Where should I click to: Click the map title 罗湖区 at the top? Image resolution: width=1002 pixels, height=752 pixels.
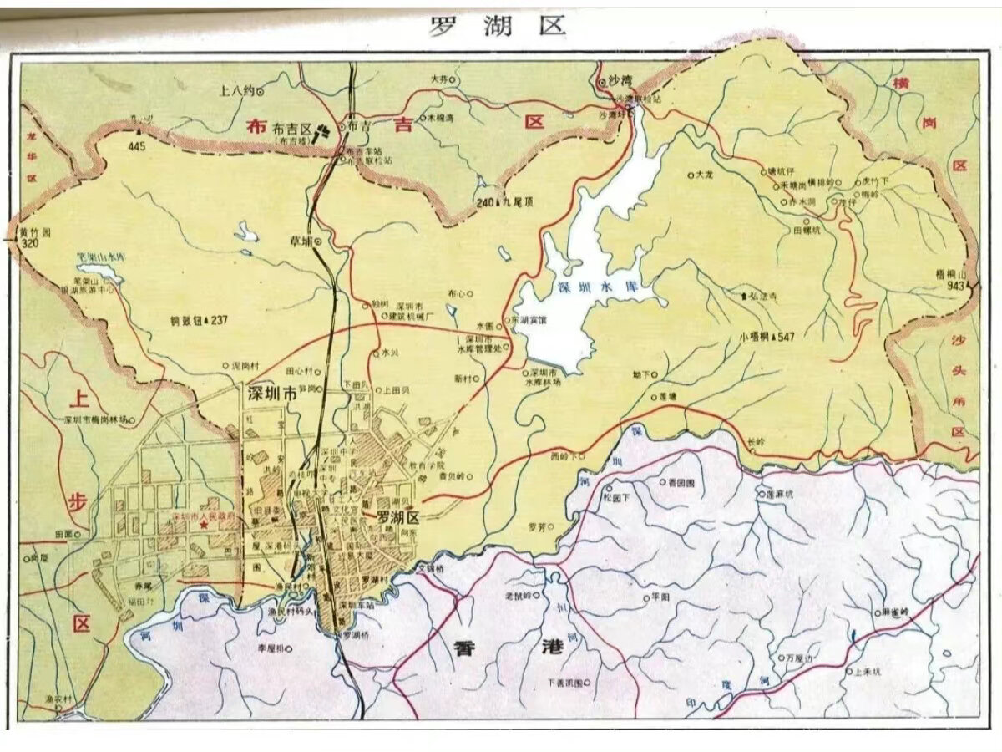[x=498, y=25]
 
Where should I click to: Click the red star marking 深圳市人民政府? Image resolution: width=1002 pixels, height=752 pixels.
[x=204, y=522]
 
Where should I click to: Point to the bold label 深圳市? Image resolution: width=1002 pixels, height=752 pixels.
[x=271, y=392]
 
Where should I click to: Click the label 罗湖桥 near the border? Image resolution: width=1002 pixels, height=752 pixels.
[x=355, y=634]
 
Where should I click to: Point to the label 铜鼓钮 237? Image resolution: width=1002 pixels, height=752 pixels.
[x=197, y=319]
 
